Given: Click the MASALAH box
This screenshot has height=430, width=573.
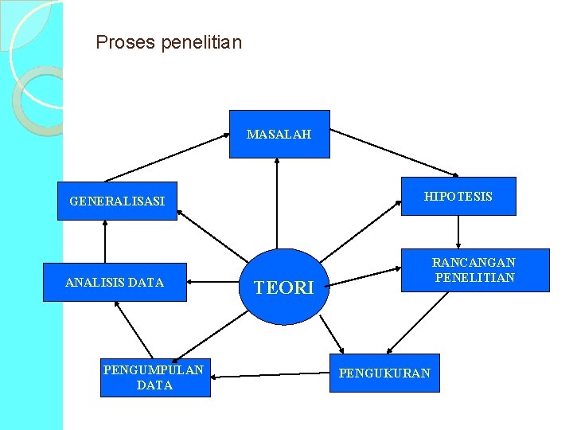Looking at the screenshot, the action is coord(279,134).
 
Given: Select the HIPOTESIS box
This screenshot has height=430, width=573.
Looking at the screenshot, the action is coord(458,196).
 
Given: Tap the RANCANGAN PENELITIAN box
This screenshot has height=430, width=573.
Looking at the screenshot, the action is coord(474,270).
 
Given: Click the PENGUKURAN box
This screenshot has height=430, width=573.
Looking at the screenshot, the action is coord(384,373).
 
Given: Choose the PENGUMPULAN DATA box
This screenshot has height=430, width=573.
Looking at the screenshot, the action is coord(154,377).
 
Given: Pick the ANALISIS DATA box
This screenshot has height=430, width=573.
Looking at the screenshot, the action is coord(115,282).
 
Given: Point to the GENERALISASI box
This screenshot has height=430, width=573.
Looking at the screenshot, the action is coord(117,201).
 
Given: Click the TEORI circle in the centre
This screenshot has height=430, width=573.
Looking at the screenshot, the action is coord(284,287).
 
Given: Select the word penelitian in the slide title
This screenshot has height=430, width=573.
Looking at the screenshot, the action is coord(201,42).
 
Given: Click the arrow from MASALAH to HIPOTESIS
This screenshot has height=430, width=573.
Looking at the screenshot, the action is coord(394,153).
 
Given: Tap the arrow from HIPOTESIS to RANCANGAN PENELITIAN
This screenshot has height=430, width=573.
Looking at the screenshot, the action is coord(458,232).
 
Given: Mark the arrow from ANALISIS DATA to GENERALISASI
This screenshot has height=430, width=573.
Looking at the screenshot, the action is coord(103,241).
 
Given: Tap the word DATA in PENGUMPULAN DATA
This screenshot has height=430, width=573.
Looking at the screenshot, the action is coord(154,385).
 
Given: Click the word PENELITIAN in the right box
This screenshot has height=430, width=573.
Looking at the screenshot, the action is coord(474,278).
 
